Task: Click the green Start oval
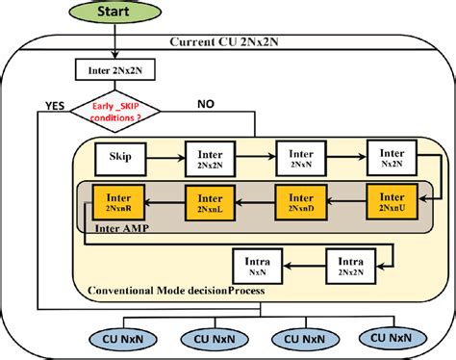114,12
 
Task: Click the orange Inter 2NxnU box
392,202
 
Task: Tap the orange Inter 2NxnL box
211,202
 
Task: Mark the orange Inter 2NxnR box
119,202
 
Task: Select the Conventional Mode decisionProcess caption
175,290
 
